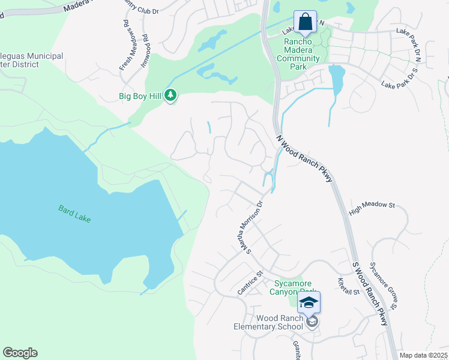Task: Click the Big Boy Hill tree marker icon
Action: point(171,95)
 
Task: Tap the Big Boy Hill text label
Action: point(141,95)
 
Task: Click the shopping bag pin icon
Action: point(306,22)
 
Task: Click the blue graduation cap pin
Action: point(309,302)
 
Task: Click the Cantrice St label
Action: point(250,283)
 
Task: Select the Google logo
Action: point(20,353)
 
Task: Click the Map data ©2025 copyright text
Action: point(424,355)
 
